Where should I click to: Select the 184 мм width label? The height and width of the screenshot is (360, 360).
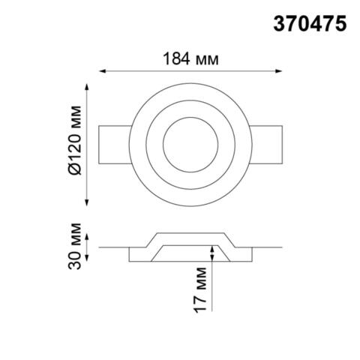point(190,58)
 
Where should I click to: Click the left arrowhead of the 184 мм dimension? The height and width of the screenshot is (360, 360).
point(102,72)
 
